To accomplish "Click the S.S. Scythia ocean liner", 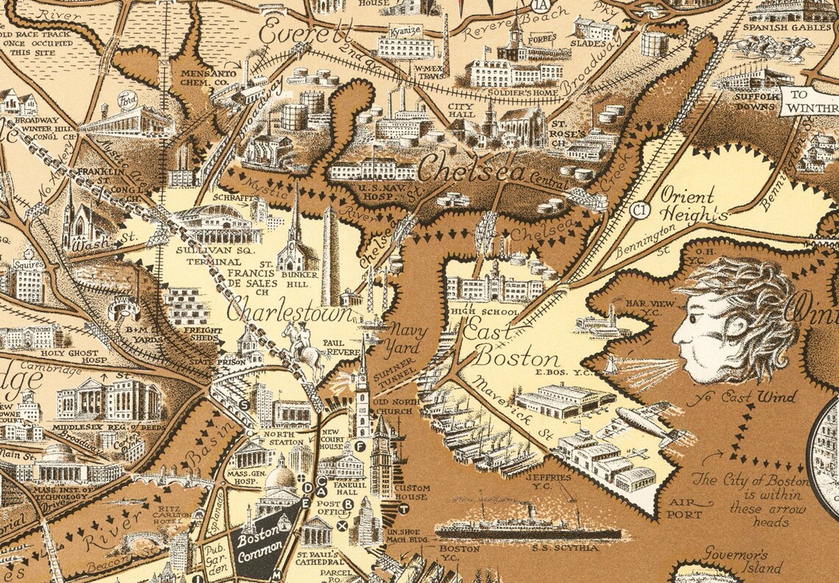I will [526, 528].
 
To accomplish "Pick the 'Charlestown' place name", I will [288, 312].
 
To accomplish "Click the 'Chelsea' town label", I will [472, 171].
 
